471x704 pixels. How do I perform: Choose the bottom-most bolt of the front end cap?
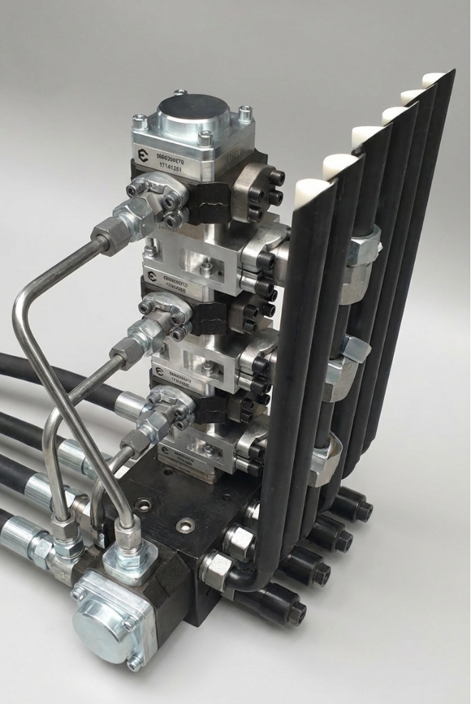pyautogui.click(x=133, y=663)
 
